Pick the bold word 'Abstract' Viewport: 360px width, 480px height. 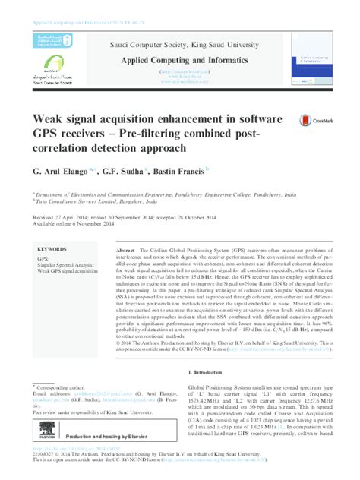(125, 250)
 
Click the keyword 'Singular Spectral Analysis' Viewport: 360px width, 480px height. (65, 264)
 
